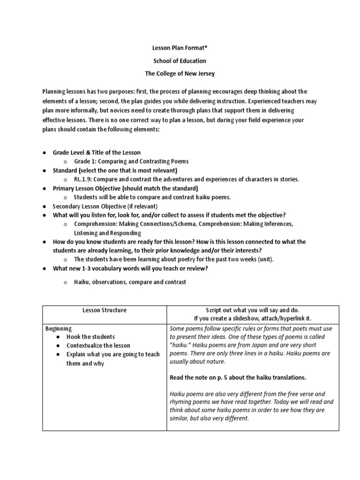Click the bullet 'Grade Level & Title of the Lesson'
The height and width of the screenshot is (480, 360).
(x=97, y=152)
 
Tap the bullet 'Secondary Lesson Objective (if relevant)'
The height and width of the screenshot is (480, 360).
(x=105, y=206)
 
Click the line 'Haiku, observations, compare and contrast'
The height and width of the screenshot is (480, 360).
(x=130, y=282)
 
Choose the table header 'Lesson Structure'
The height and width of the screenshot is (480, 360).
(x=105, y=310)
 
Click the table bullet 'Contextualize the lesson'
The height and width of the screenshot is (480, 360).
(x=100, y=345)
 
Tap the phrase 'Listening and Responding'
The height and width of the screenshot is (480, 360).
(x=107, y=233)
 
